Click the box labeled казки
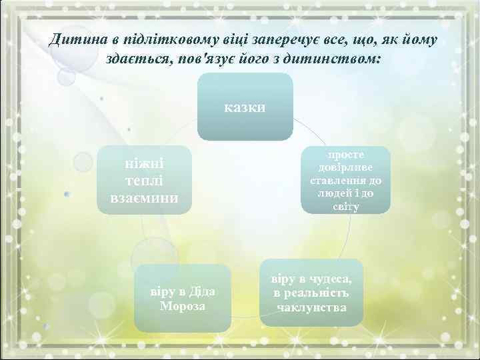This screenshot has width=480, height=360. (x=245, y=107)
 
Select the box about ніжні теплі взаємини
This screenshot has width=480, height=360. (x=144, y=181)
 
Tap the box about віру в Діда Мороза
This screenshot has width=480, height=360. (x=183, y=298)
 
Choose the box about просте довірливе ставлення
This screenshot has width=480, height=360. (x=346, y=181)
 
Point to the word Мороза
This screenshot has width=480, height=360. (x=183, y=306)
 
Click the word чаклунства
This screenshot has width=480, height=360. (x=311, y=308)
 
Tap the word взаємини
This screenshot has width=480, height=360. (x=144, y=199)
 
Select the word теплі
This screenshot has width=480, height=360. (x=145, y=181)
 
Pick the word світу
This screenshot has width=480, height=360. (x=346, y=207)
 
